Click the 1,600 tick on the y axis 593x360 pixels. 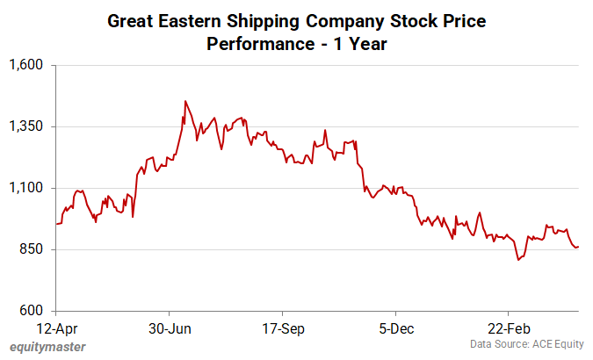32,65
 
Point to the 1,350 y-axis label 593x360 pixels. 32,126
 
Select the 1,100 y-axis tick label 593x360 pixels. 32,188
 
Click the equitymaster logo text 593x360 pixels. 49,347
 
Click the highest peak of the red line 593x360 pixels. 184,101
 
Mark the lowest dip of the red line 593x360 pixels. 519,261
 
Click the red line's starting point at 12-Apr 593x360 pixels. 56,224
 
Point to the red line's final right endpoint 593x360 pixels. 578,247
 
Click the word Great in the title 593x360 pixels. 129,19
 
